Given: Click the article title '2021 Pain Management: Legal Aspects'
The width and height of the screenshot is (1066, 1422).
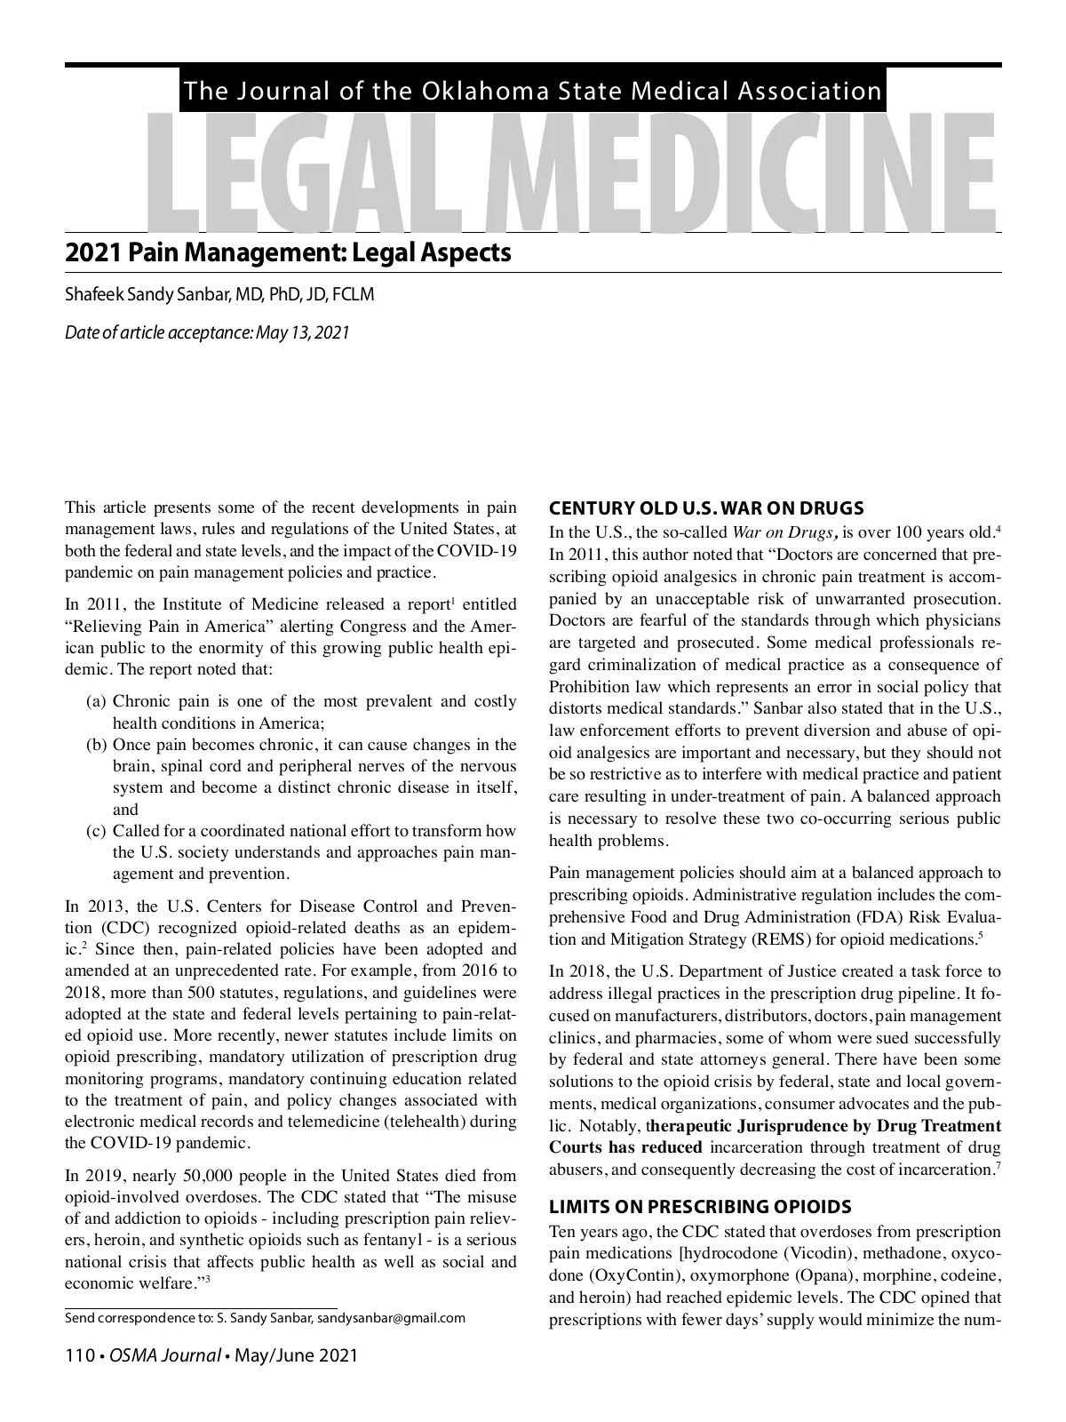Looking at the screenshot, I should pyautogui.click(x=288, y=253).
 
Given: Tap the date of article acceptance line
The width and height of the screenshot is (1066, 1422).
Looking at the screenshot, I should pyautogui.click(x=207, y=333).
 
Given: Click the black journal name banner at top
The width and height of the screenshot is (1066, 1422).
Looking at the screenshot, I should pyautogui.click(x=532, y=91).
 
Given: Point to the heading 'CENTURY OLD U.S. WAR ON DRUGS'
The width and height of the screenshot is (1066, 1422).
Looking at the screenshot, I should pyautogui.click(x=706, y=509).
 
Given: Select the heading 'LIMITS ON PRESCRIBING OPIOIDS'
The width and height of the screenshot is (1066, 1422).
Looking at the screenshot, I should pyautogui.click(x=700, y=1207).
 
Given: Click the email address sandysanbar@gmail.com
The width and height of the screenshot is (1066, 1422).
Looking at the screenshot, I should pyautogui.click(x=391, y=1318).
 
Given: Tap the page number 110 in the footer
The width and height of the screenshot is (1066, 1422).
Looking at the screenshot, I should pyautogui.click(x=80, y=1356).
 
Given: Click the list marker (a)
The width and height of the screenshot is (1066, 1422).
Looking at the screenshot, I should pyautogui.click(x=97, y=702).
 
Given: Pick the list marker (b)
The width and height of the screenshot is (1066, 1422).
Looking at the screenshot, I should pyautogui.click(x=97, y=745).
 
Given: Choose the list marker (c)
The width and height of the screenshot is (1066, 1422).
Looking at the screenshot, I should pyautogui.click(x=97, y=831).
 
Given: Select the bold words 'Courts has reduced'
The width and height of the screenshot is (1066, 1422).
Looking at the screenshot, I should pyautogui.click(x=625, y=1147).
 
